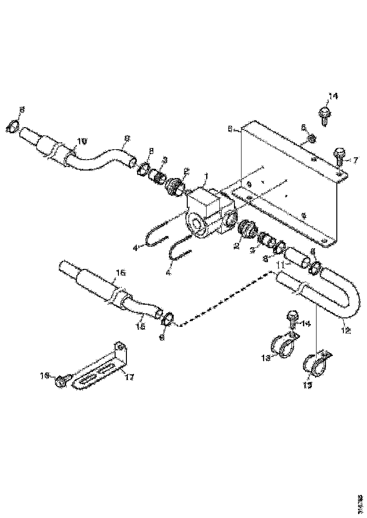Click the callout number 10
coord(82,141)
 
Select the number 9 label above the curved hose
coord(127,138)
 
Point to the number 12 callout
coord(345,331)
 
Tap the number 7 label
coord(355,161)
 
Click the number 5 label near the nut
coord(304,128)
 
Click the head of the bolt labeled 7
coord(339,153)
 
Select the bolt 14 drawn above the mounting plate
coord(325,113)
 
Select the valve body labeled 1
coord(208,212)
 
